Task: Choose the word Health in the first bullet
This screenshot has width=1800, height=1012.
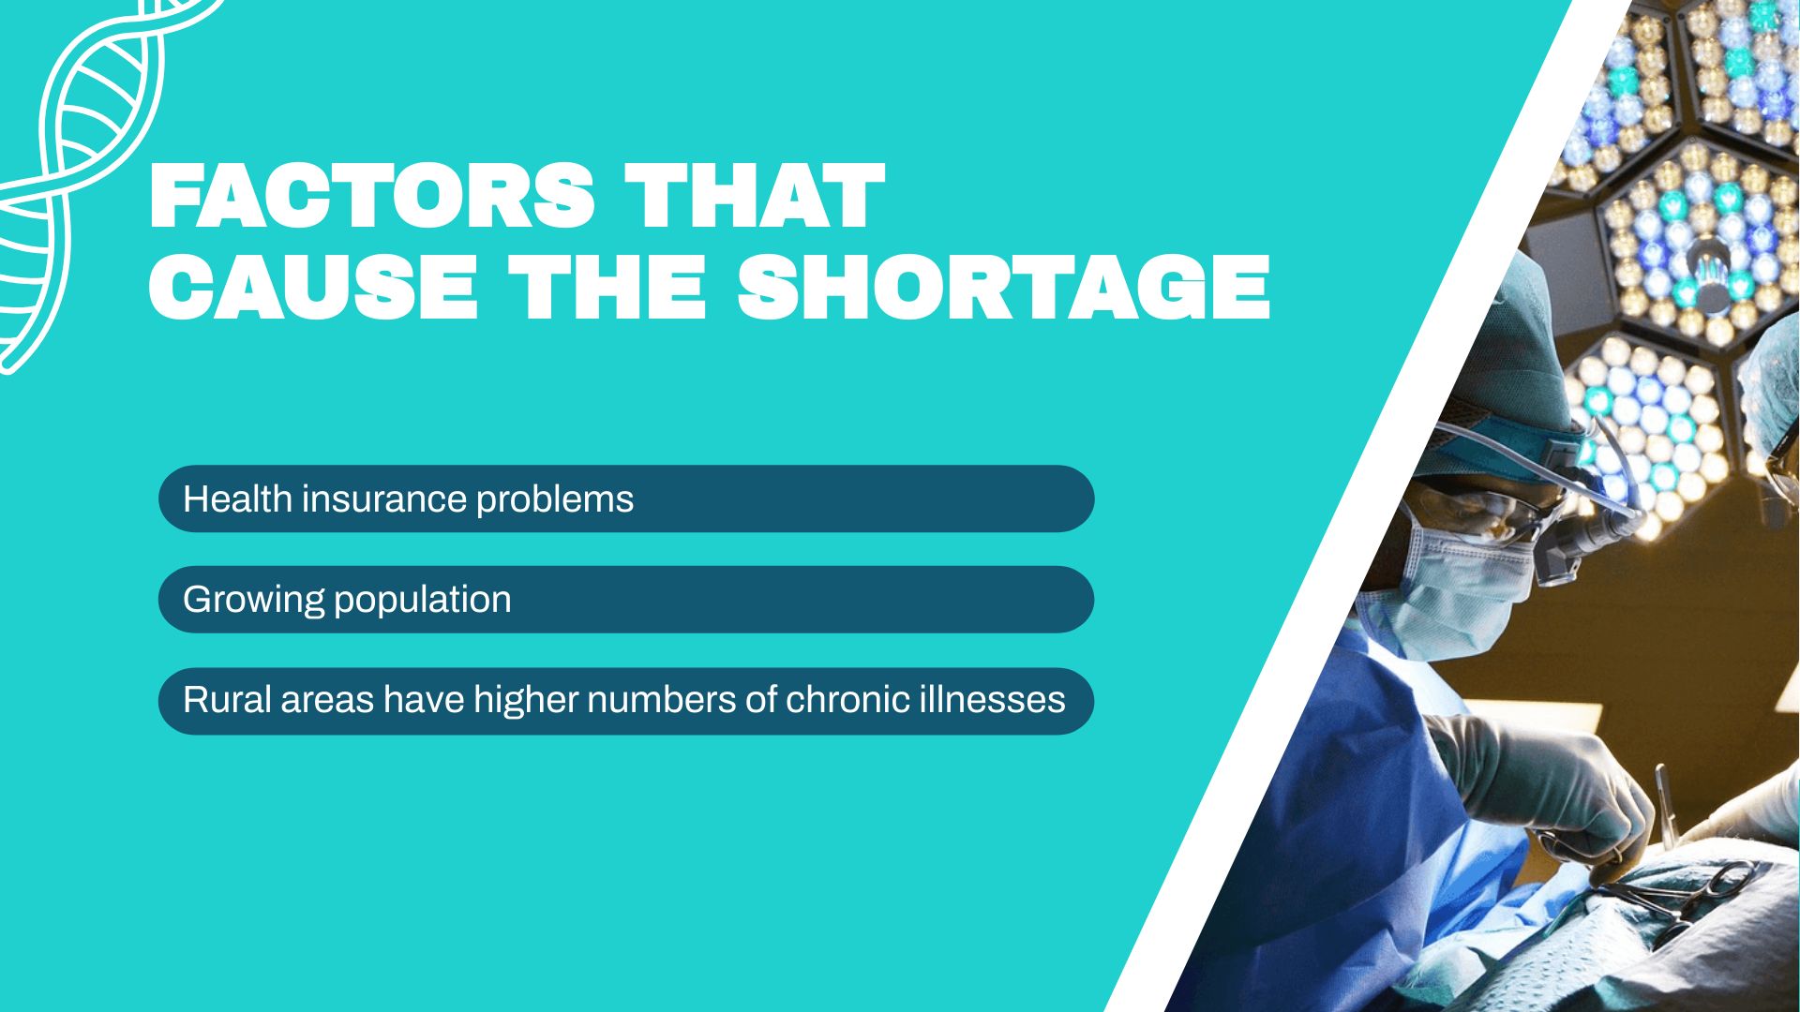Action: [x=238, y=499]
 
